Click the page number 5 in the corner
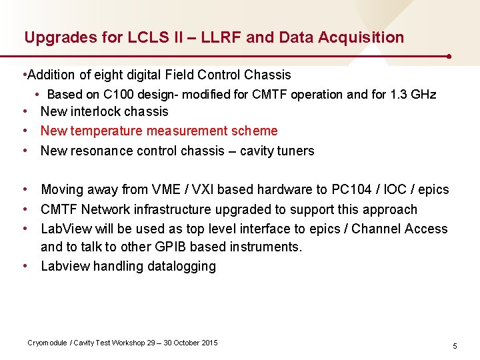[455, 346]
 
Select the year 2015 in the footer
[209, 343]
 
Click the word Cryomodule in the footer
[47, 343]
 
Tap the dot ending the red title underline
[451, 56]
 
